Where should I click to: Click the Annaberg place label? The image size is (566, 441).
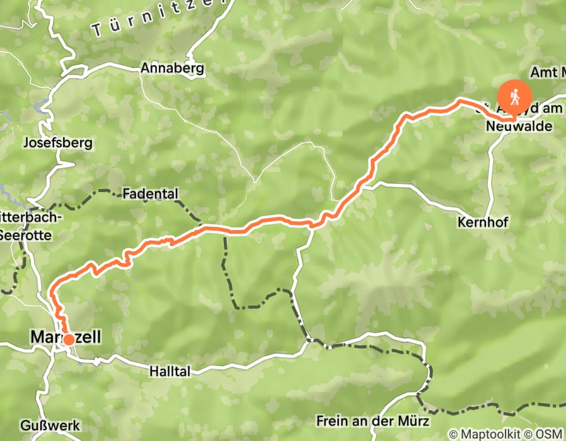tap(173, 68)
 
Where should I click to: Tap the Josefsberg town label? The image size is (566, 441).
tap(57, 142)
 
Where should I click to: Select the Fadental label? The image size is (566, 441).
tap(151, 193)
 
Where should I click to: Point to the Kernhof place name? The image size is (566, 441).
tap(483, 222)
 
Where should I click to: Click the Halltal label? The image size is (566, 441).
tap(170, 372)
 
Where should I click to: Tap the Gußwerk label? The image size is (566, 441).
tap(50, 426)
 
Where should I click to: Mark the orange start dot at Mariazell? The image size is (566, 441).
tap(68, 339)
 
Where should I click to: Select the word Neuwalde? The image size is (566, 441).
tap(519, 127)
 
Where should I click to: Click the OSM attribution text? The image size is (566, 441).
tap(550, 434)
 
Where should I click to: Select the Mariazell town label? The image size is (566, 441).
tap(65, 338)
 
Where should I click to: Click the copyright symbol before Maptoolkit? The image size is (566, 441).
tap(454, 434)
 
